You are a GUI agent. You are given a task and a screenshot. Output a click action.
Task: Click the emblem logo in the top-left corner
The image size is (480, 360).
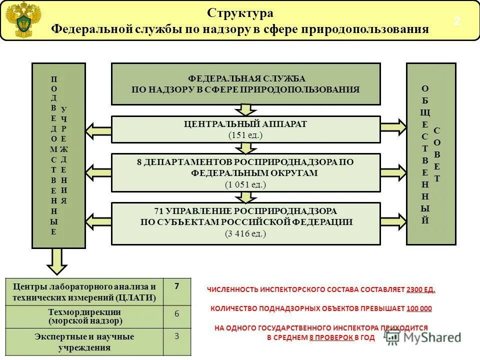pos(23,19)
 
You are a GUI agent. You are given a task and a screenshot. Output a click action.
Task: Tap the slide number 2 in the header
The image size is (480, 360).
pos(457,21)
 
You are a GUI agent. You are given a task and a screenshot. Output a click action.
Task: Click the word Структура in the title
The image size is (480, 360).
pos(240,13)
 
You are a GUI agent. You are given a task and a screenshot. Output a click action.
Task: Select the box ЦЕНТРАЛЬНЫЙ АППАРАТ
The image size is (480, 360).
pos(245,129)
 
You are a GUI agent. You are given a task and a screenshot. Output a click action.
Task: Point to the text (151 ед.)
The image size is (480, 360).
pos(245,135)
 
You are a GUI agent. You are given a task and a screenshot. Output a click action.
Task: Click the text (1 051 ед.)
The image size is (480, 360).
pos(245,184)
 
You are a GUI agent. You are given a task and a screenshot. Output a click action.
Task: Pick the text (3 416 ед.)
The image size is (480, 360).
pos(245,233)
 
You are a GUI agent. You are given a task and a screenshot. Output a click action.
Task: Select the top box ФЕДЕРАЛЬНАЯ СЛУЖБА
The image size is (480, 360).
pos(245,84)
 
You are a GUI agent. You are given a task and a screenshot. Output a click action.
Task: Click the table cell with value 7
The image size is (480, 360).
pos(177,291)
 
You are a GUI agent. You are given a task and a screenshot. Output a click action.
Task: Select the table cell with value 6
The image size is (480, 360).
pos(177,316)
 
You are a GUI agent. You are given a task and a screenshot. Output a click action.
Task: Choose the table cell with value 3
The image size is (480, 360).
pos(177,341)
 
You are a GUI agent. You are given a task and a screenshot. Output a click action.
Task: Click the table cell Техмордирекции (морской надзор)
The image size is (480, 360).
pos(84,316)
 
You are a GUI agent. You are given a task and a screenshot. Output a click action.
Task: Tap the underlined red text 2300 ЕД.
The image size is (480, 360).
pos(421,289)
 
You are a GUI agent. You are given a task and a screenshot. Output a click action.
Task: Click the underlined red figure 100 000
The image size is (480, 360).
pos(419,308)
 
